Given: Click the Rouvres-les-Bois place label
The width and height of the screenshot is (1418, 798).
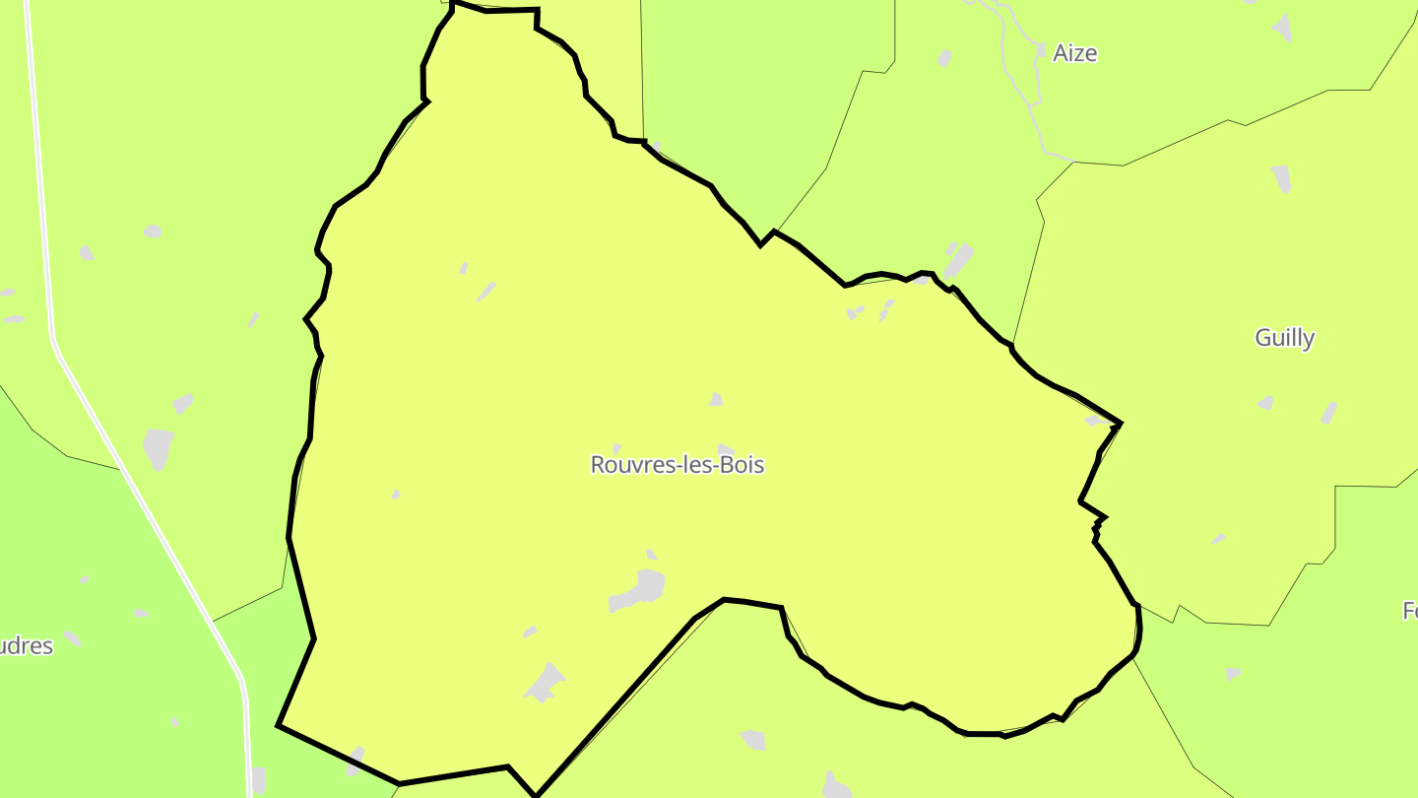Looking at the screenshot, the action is tap(677, 465).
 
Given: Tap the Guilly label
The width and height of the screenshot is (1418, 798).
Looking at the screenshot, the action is tap(1284, 338).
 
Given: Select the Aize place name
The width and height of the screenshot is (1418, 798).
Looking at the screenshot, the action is tap(1074, 53).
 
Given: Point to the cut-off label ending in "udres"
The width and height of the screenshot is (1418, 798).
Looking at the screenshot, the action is tap(27, 646).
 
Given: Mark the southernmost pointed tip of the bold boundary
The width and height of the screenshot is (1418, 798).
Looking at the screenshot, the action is tap(536, 794).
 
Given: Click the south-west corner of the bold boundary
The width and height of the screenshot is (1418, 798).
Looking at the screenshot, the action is tap(279, 725).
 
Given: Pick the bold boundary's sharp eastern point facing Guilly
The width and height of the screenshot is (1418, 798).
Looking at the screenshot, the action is tap(1120, 424).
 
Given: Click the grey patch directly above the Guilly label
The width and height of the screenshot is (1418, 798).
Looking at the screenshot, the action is tap(1281, 178).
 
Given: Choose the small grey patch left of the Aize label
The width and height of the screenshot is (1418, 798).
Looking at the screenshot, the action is tap(945, 58).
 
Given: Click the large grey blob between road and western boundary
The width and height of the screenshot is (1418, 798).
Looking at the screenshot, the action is tap(158, 447).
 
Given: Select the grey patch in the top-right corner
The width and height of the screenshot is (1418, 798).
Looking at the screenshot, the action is tap(1281, 27).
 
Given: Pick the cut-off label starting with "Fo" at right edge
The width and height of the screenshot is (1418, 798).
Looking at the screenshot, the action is tap(1409, 611).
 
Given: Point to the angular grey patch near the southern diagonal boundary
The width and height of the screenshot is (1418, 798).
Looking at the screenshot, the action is tap(545, 682).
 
